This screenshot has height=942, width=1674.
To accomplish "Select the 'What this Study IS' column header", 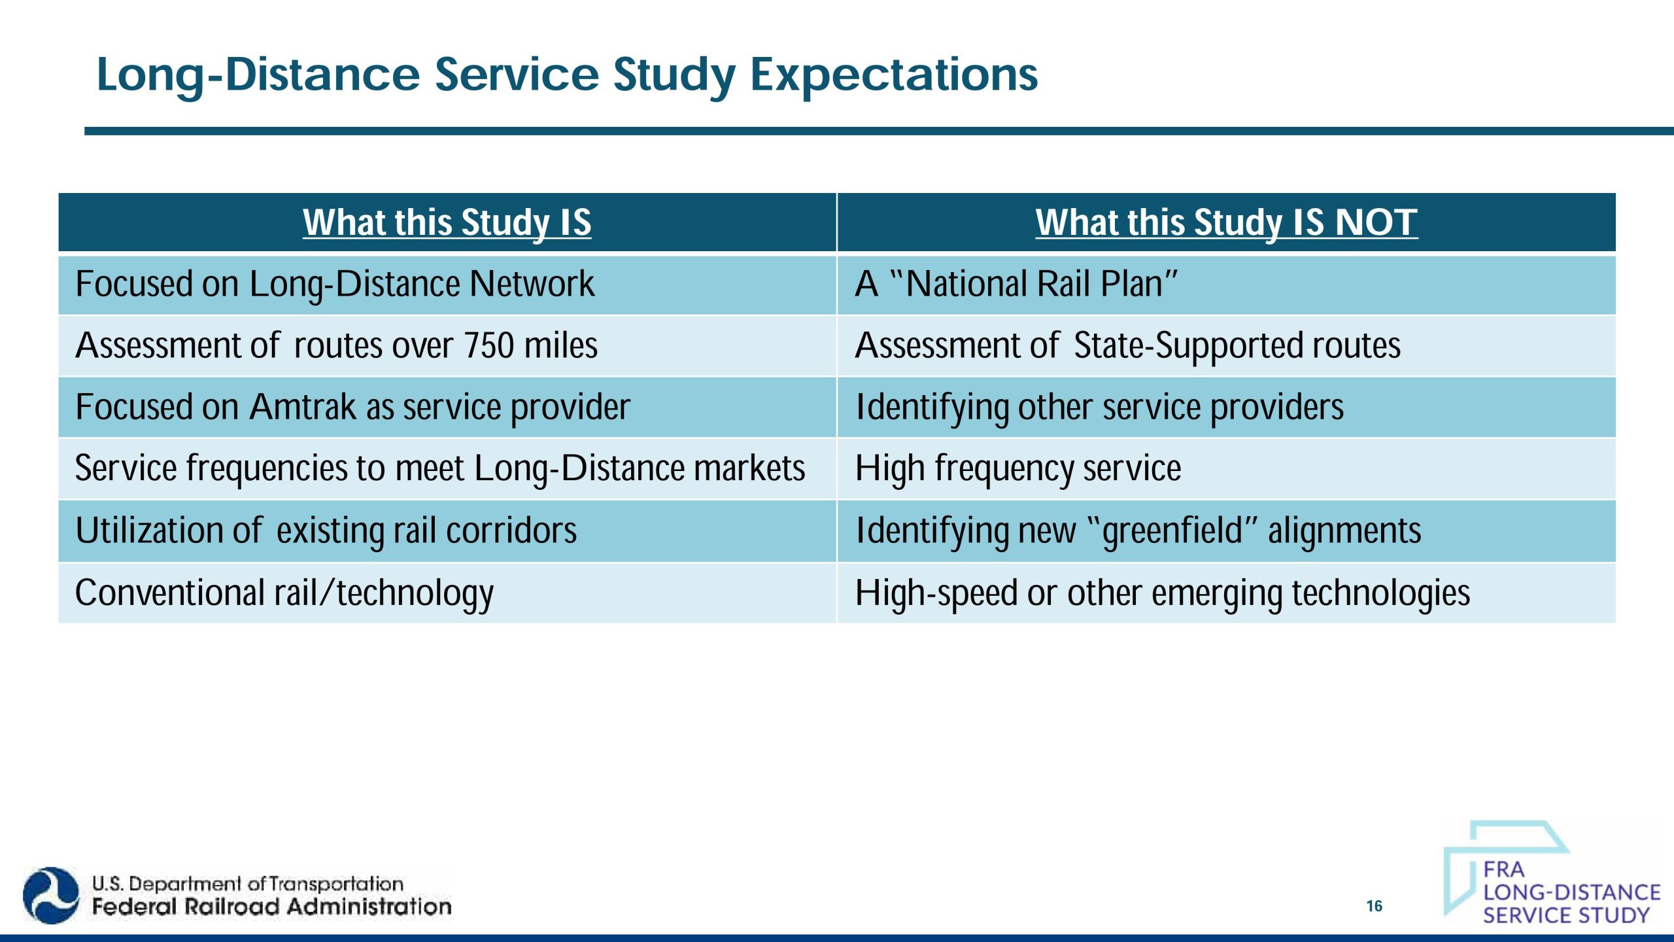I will coord(447,222).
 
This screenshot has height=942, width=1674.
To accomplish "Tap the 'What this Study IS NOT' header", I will coord(1226,222).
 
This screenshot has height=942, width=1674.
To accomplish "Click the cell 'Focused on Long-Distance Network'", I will coord(335,285).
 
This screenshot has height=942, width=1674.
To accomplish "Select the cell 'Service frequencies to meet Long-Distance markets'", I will coord(439,469).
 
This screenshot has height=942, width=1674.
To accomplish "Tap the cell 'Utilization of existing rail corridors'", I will coord(326,531).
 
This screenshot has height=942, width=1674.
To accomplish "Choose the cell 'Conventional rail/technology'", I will coord(284,593).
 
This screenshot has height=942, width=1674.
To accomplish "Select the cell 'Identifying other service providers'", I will coord(1099,408).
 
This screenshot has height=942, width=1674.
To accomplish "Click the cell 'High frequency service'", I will coord(1018,469).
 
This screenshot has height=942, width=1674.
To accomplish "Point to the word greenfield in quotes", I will coord(1172,531).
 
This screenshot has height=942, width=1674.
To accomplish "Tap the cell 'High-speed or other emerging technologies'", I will coord(1162,593).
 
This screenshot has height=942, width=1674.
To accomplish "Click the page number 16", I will coord(1374,906).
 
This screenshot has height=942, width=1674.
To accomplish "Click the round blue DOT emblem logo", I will coord(50,896).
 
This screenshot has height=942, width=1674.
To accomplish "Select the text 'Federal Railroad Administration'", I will coord(271,907).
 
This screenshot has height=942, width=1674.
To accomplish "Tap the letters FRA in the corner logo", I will coord(1503,869).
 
